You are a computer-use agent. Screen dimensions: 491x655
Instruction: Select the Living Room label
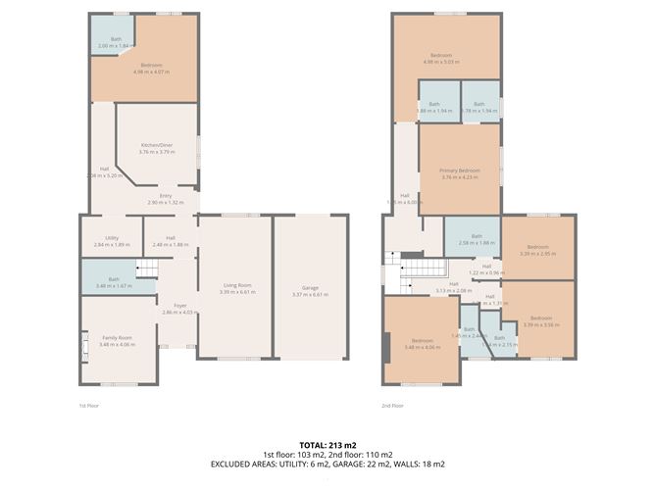coord(237,287)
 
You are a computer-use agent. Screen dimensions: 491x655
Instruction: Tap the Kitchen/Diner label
coord(157,148)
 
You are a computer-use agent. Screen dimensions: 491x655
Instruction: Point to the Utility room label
coord(112,240)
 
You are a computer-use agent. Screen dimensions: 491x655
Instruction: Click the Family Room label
coord(116,340)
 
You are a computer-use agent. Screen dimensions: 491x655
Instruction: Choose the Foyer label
coord(178,309)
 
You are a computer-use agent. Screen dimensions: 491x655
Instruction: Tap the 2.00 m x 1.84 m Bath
coord(116,42)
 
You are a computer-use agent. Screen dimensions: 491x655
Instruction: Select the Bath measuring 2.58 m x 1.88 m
coord(476,238)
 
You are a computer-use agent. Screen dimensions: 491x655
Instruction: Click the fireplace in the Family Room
coord(84,344)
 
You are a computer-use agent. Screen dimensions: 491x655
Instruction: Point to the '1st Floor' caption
coord(89,405)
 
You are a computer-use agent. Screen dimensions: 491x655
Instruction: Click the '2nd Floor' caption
coord(392,405)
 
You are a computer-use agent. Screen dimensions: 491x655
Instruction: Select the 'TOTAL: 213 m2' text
coord(328,445)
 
